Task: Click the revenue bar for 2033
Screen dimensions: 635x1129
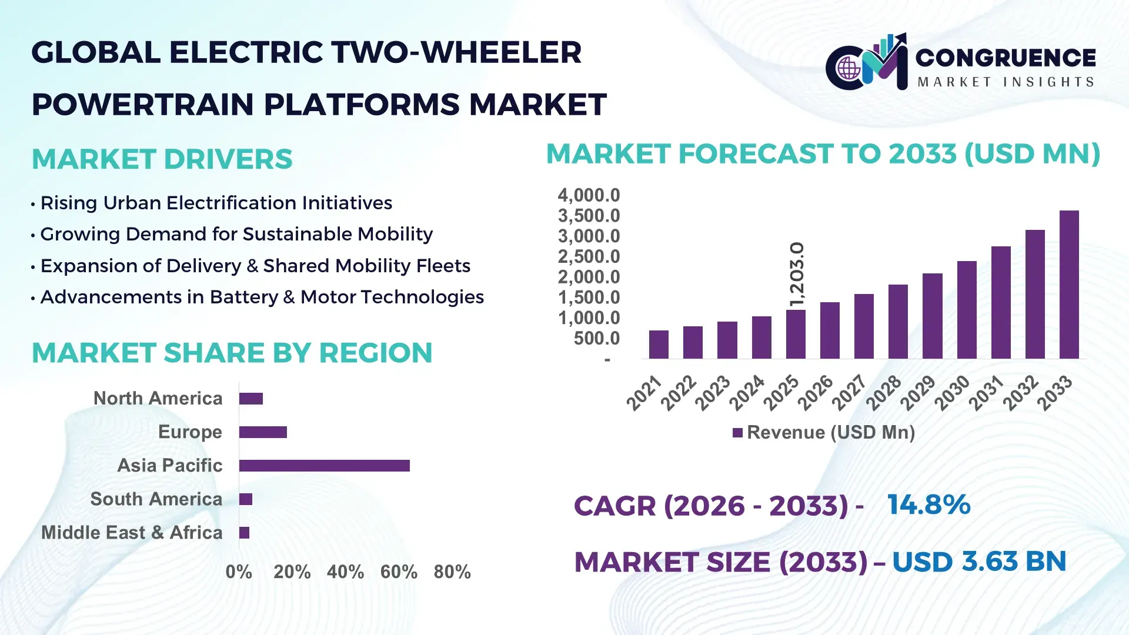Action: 1068,285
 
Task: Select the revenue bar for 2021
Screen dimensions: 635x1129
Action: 659,345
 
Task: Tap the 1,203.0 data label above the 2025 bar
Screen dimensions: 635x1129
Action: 797,274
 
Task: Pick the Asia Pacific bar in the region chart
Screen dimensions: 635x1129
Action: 324,466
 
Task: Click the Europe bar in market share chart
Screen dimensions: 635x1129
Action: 263,432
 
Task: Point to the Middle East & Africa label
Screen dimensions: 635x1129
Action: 132,533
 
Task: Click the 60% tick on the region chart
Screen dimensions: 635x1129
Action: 399,571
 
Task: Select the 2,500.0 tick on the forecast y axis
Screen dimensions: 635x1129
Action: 589,256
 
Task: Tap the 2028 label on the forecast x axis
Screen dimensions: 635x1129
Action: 883,393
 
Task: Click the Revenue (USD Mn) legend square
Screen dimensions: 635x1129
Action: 737,433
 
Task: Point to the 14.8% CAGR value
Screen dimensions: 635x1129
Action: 928,504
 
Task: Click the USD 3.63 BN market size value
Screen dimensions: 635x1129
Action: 979,562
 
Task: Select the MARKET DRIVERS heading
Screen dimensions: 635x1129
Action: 162,159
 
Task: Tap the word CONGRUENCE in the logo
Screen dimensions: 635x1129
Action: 1006,58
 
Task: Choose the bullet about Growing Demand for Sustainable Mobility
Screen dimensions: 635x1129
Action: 236,234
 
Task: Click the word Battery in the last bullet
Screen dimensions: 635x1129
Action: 243,298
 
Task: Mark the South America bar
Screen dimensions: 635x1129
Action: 246,499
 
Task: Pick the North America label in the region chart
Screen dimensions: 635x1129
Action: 158,399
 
